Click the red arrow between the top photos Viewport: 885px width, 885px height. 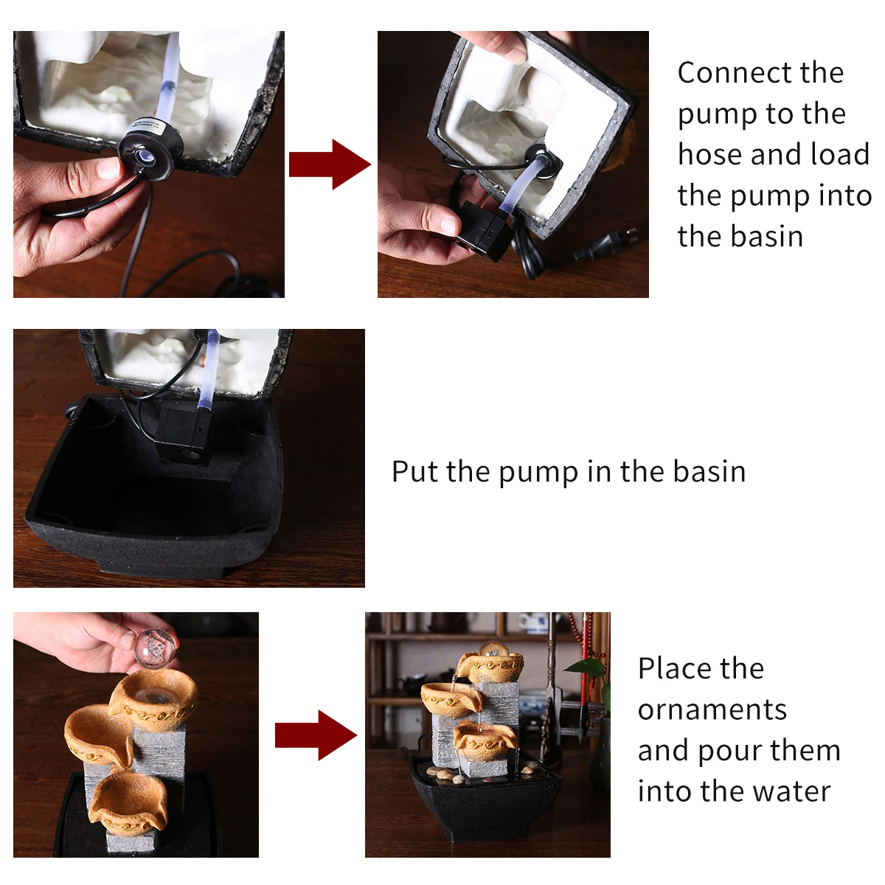tap(330, 164)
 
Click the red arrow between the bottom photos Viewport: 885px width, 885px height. tap(316, 735)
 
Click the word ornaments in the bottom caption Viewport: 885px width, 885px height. tap(712, 709)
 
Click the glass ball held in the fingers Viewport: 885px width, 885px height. tap(155, 650)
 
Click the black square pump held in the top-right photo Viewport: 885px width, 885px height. tap(483, 231)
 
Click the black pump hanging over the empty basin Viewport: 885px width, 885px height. tap(183, 434)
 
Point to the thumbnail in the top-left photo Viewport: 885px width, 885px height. tap(109, 169)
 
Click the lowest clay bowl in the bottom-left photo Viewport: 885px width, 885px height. tap(128, 802)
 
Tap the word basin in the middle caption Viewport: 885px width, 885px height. tap(709, 471)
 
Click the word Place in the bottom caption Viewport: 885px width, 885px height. tap(701, 669)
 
